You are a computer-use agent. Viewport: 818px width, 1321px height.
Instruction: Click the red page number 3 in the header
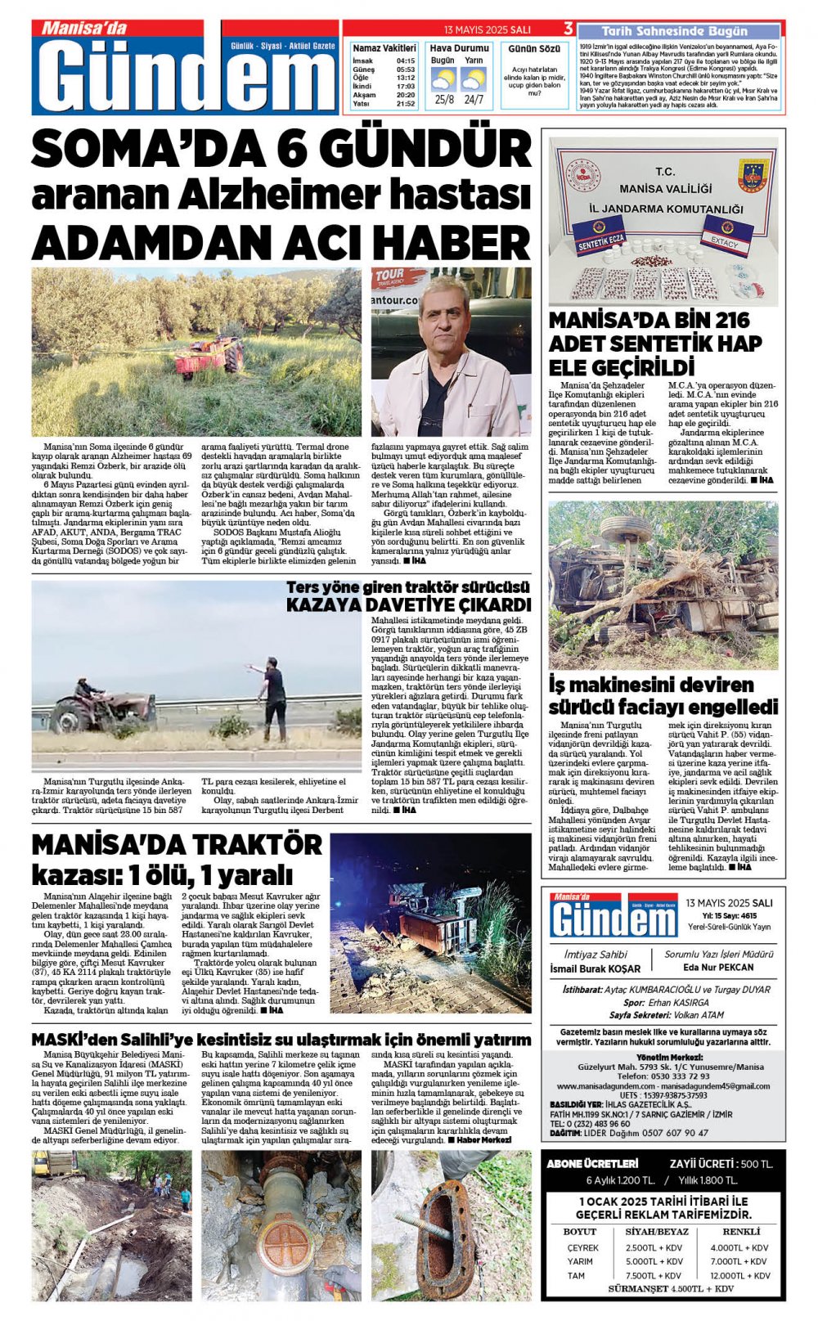568,29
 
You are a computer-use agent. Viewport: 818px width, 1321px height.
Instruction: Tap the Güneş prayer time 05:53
406,70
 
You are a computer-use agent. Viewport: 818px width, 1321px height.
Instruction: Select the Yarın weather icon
473,79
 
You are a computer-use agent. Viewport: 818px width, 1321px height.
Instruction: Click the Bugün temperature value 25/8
444,100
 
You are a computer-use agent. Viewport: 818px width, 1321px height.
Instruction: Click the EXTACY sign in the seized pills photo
725,237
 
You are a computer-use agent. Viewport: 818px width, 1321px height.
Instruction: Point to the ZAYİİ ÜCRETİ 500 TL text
720,1163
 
